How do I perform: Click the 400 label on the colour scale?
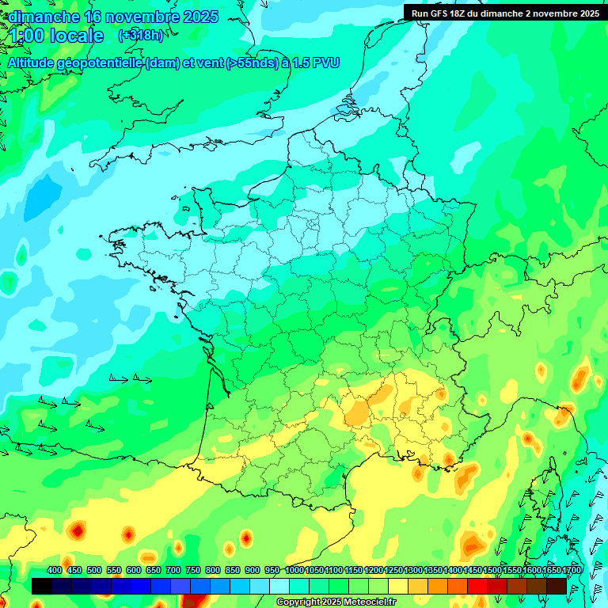(x=55, y=570)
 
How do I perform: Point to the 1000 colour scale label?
(x=294, y=570)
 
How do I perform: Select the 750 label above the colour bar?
(x=192, y=570)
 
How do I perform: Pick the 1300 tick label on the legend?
(x=413, y=570)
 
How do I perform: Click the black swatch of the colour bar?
(x=42, y=586)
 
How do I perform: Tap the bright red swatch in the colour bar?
(x=477, y=586)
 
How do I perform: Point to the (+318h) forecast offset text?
(x=141, y=35)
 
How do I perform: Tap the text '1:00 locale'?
(x=57, y=36)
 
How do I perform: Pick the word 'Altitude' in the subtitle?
(x=32, y=63)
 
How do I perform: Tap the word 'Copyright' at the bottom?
(x=298, y=602)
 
